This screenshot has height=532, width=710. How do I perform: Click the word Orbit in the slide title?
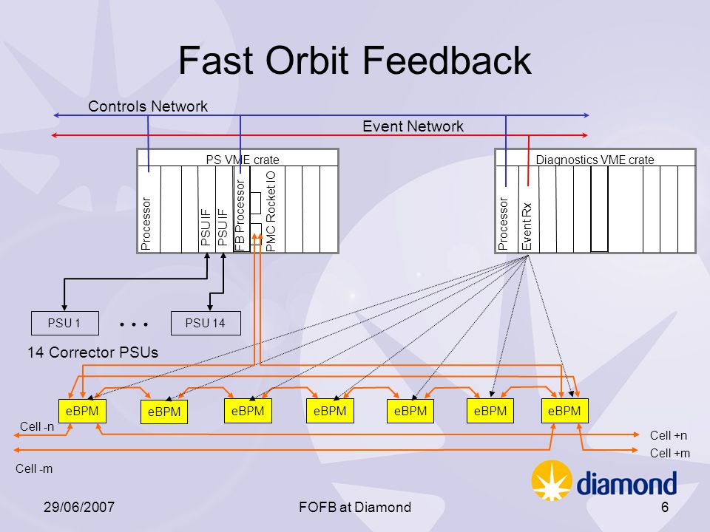click(307, 60)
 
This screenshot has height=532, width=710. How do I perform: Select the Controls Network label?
click(148, 106)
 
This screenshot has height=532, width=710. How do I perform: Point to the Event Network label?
click(413, 126)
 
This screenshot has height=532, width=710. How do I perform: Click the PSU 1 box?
click(65, 323)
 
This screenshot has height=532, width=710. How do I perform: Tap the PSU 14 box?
click(206, 323)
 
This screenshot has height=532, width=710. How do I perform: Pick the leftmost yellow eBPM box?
click(82, 411)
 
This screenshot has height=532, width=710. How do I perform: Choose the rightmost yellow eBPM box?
click(564, 411)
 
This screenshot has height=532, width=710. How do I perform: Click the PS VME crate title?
click(243, 160)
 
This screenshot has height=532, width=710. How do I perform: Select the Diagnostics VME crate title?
click(595, 160)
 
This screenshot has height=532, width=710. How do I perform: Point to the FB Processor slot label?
click(240, 215)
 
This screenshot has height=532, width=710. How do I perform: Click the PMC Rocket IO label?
click(271, 211)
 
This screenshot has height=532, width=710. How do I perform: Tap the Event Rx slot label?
click(527, 226)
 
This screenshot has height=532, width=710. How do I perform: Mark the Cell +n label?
click(669, 435)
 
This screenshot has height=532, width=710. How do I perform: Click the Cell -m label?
click(34, 468)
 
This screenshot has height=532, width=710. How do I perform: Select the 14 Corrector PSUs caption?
click(93, 352)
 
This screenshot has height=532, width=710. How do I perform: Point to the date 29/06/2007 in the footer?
click(79, 507)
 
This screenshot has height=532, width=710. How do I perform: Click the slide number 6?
click(665, 507)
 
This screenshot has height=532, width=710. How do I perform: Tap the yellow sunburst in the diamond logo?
click(552, 480)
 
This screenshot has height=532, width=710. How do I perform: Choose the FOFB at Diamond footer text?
click(355, 507)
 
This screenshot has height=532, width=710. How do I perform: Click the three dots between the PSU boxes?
click(134, 324)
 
